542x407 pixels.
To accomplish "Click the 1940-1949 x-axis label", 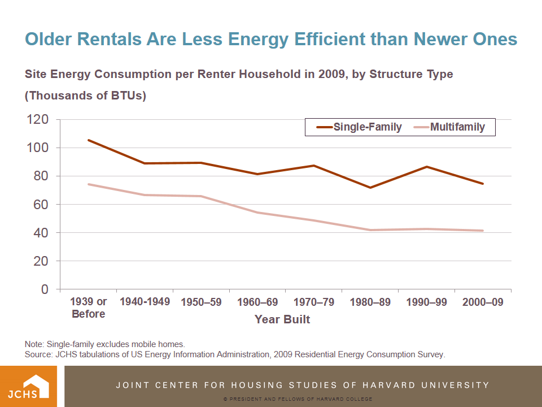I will click(145, 302).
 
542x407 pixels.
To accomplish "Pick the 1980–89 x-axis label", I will click(370, 302).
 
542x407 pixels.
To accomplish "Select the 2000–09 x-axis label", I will click(483, 302).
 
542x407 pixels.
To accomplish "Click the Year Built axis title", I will click(282, 320).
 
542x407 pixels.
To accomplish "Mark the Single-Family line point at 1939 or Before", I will click(89, 140).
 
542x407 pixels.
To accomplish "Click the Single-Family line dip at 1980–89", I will click(370, 188).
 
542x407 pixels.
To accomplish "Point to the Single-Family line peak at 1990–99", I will click(427, 167).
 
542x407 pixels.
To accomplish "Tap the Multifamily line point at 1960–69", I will click(257, 213).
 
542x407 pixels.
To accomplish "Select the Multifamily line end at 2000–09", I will click(483, 231).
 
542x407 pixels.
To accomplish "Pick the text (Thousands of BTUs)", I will click(85, 96).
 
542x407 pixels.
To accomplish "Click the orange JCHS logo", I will click(28, 386).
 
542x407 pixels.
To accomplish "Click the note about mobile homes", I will click(105, 344).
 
